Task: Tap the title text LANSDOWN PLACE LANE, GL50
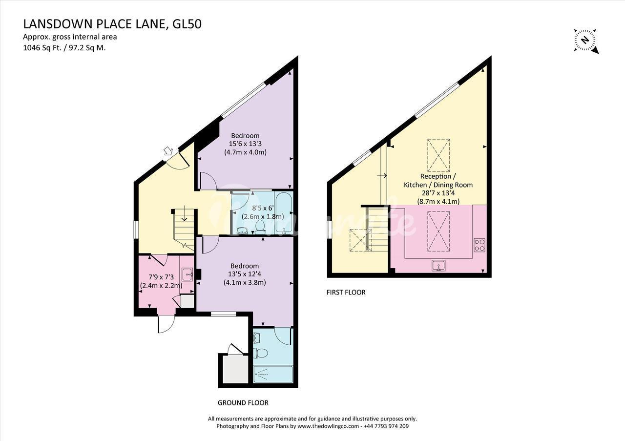(112, 24)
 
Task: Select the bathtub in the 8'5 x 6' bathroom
(284, 212)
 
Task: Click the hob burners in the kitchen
(479, 245)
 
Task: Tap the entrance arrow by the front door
(168, 151)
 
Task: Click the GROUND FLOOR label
(243, 403)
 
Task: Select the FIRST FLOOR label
(346, 292)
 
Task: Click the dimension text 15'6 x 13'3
(245, 144)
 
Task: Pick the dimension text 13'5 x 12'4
(245, 274)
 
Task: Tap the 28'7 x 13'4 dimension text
(438, 193)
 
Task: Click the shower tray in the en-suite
(273, 374)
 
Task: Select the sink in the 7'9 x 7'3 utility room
(187, 274)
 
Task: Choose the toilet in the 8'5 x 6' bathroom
(260, 227)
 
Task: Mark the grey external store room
(235, 369)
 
